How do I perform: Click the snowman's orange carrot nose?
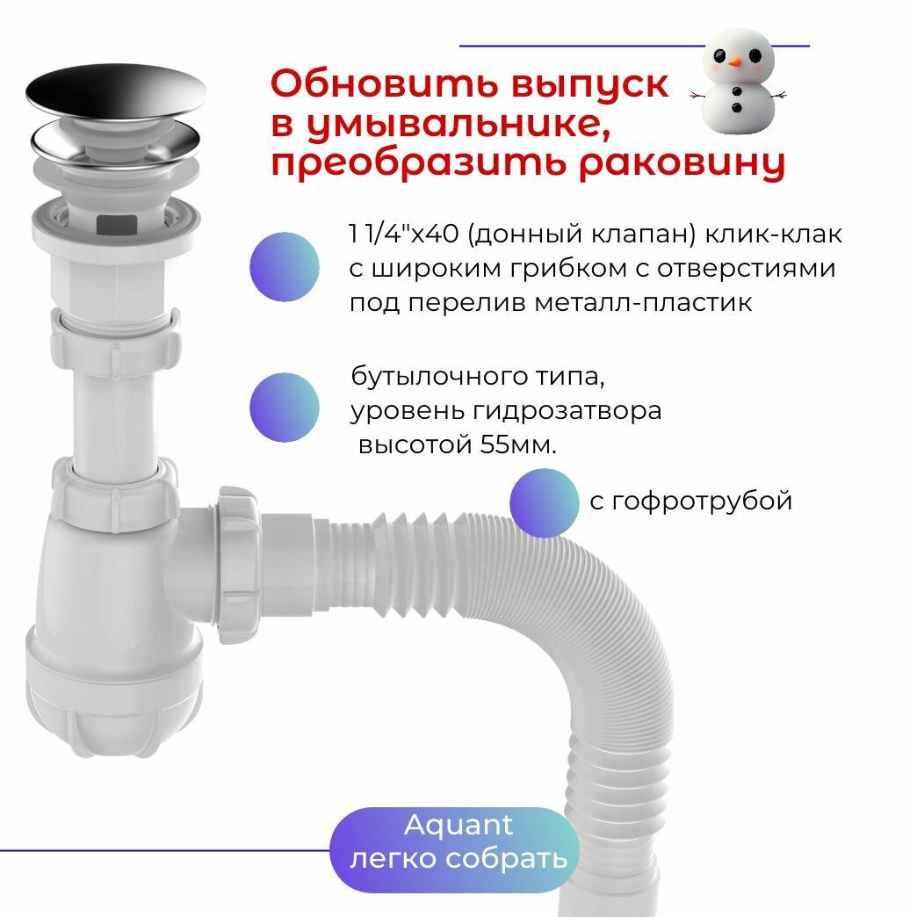point(735,61)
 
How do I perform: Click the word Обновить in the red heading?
point(384,83)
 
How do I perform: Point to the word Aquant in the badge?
point(458,825)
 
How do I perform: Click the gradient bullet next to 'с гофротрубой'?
point(544,503)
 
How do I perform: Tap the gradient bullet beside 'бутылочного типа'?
point(285,407)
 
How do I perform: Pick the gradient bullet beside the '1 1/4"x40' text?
point(285,267)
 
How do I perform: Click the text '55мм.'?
point(518,445)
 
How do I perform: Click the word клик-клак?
point(773,234)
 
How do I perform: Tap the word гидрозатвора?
point(567,410)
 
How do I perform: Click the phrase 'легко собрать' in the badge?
point(458,858)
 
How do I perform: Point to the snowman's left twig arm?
point(699,95)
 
